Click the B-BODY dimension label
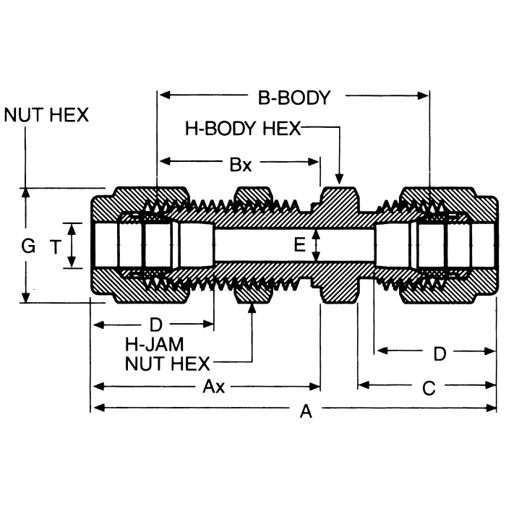click(x=294, y=97)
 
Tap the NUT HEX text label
click(x=46, y=115)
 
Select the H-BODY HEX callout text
click(x=242, y=129)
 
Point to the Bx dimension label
click(x=241, y=164)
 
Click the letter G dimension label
click(x=28, y=246)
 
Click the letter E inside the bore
click(x=299, y=245)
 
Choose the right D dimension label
click(x=439, y=353)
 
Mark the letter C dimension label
click(x=428, y=389)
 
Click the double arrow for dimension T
click(x=72, y=246)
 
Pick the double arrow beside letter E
click(x=315, y=245)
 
